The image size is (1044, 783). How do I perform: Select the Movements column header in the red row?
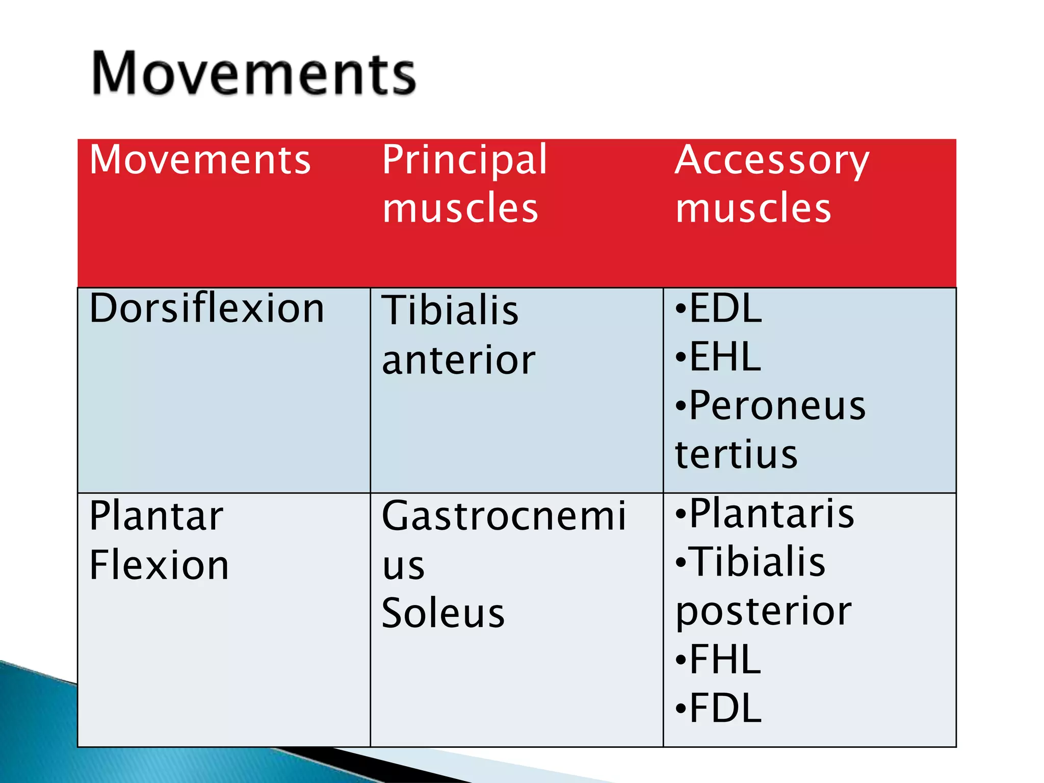point(200,160)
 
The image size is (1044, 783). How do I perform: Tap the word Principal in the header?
point(464,160)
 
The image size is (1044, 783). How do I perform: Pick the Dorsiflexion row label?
point(206,309)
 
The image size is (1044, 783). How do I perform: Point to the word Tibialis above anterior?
point(450,310)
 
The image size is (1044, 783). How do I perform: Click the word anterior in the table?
point(458,360)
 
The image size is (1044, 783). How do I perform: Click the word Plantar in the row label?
point(156,516)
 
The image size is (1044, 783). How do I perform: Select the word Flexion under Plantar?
point(159,565)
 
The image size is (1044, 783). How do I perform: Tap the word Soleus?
point(443,613)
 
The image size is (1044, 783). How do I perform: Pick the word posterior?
point(763,611)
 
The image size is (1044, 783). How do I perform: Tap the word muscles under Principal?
point(460,208)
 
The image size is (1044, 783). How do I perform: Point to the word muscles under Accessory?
point(753,208)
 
